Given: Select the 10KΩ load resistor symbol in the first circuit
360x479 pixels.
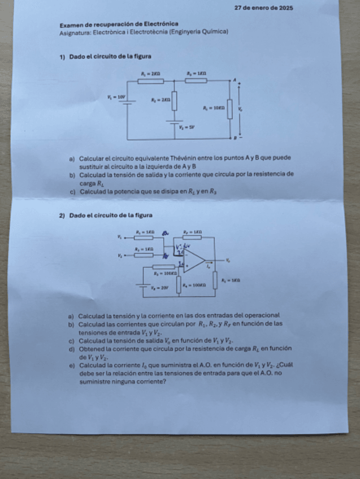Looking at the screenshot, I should point(229,109).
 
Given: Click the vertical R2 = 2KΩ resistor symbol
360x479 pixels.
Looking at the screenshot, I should point(174,102).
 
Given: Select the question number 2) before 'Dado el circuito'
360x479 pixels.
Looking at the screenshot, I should point(63,215).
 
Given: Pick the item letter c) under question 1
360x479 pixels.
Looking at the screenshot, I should point(72,191).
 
